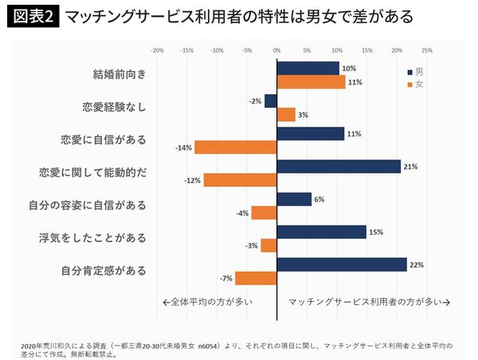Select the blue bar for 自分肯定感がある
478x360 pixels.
pyautogui.click(x=342, y=264)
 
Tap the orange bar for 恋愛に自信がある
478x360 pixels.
pyautogui.click(x=235, y=147)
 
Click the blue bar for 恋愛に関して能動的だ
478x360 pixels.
pyautogui.click(x=339, y=166)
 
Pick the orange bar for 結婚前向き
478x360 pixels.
pyautogui.click(x=311, y=82)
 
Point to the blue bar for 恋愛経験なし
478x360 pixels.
pyautogui.click(x=271, y=101)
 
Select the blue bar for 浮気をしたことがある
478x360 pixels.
pyautogui.click(x=321, y=232)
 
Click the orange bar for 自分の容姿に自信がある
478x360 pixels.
pyautogui.click(x=264, y=213)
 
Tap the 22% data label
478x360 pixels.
pyautogui.click(x=416, y=264)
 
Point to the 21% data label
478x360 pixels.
pyautogui.click(x=410, y=166)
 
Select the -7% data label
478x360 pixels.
pyautogui.click(x=226, y=279)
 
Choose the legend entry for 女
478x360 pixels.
pyautogui.click(x=414, y=84)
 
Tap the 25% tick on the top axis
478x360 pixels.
pyautogui.click(x=426, y=50)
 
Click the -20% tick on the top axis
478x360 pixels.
pyautogui.click(x=157, y=50)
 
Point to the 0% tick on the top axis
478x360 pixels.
pyautogui.click(x=277, y=50)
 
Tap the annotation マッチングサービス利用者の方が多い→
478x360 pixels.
pyautogui.click(x=369, y=303)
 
